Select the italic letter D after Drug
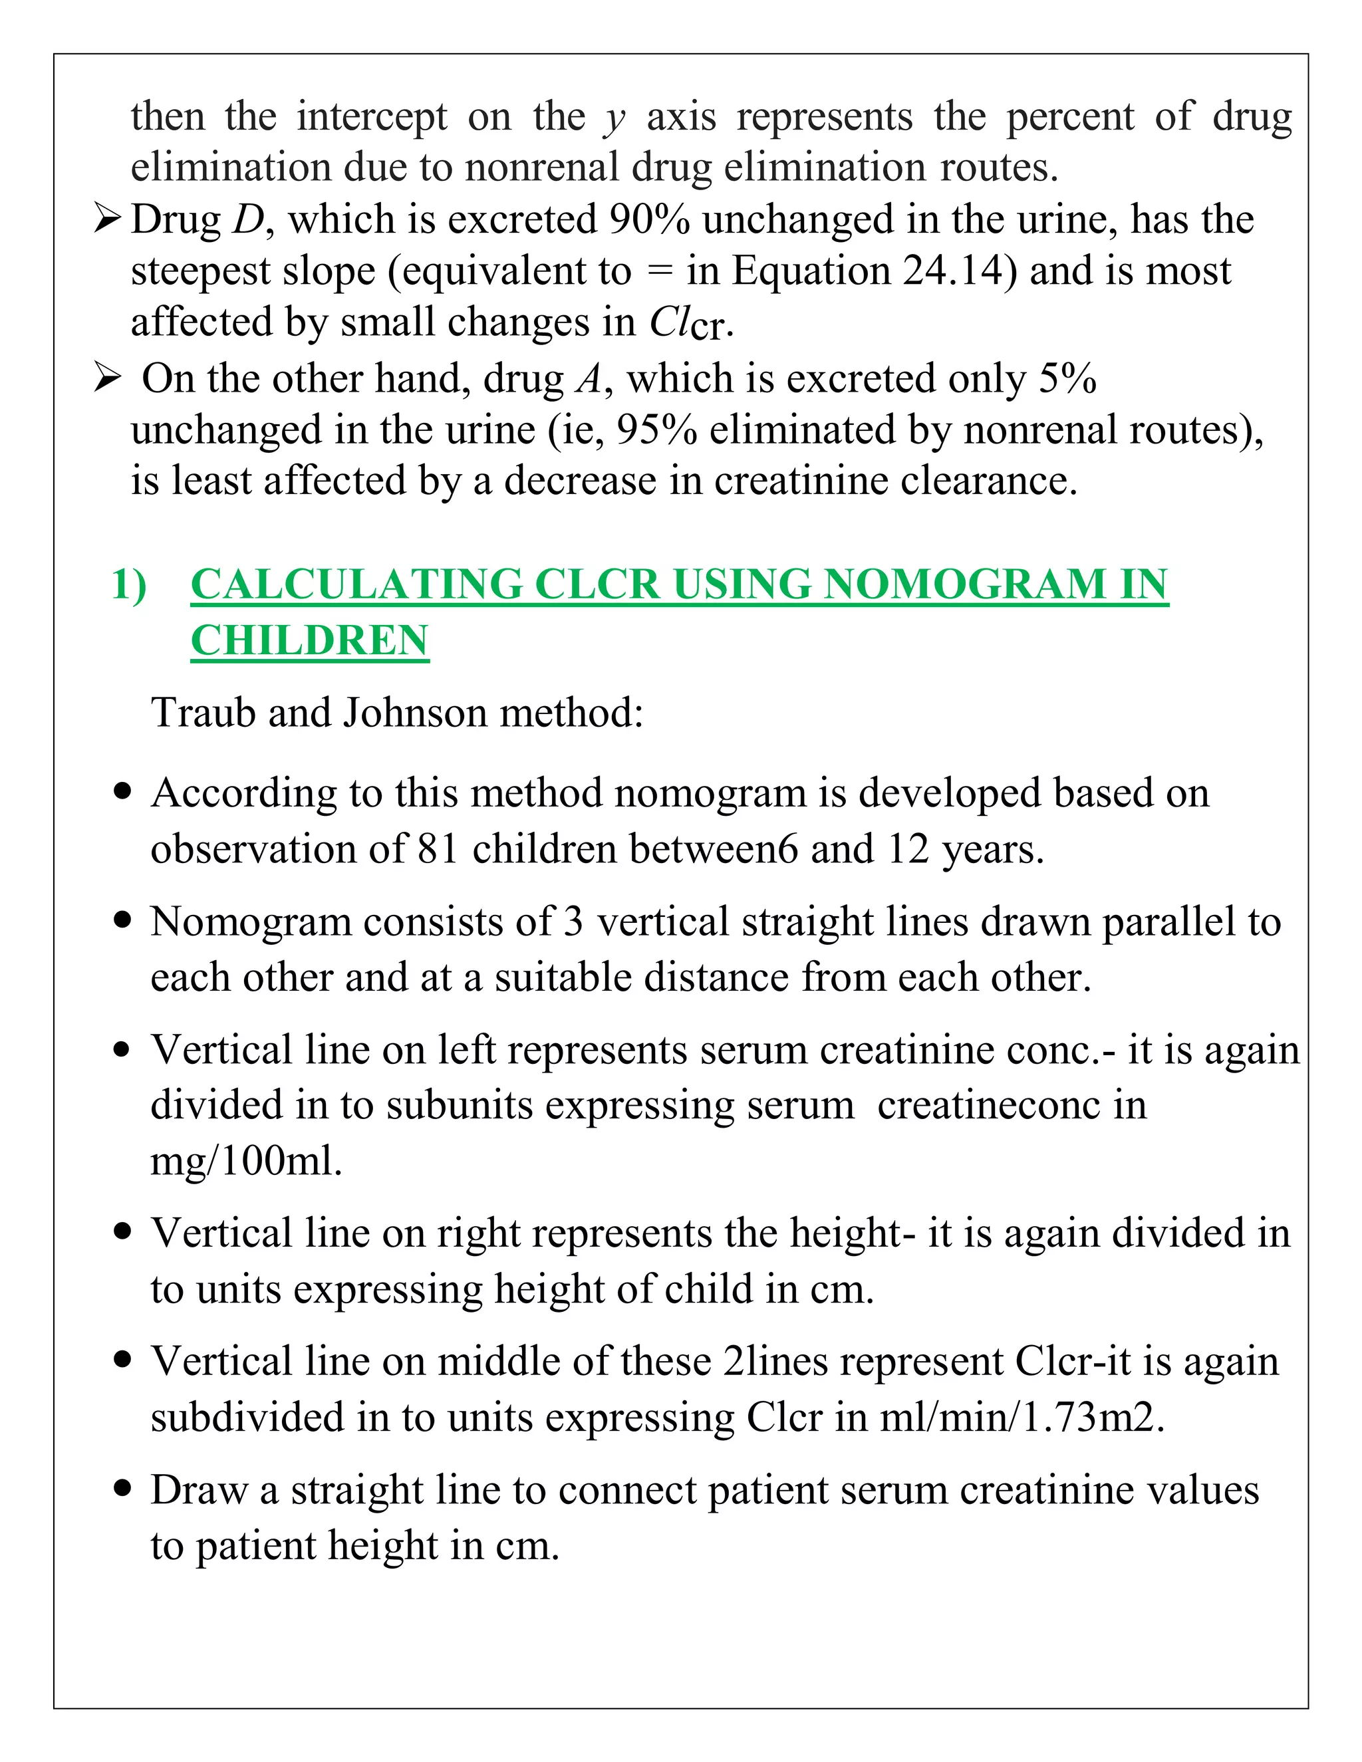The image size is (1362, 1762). click(247, 219)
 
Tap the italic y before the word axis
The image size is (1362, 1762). click(615, 118)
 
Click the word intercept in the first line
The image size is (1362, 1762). click(371, 118)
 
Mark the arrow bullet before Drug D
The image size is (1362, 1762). click(106, 219)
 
